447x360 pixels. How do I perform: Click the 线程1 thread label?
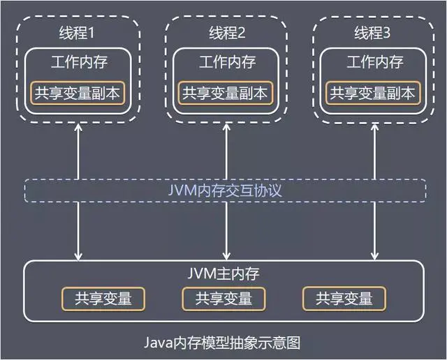click(x=80, y=33)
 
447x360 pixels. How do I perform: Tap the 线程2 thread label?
click(x=227, y=33)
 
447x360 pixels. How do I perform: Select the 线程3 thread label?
click(x=373, y=33)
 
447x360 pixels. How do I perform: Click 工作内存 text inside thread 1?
click(x=80, y=62)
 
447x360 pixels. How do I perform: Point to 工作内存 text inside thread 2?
click(x=227, y=62)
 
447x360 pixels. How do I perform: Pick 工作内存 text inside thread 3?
click(x=374, y=62)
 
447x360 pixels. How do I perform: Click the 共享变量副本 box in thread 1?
click(x=80, y=93)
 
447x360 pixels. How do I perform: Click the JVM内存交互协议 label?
click(x=226, y=190)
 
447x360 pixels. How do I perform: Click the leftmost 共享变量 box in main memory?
click(x=103, y=299)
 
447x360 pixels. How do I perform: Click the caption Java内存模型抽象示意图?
click(x=226, y=343)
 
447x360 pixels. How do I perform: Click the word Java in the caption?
click(x=158, y=343)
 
